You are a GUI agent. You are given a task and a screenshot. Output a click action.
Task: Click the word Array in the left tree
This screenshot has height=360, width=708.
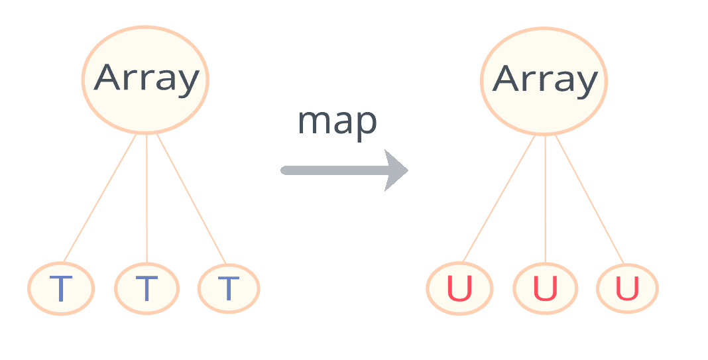pos(146,78)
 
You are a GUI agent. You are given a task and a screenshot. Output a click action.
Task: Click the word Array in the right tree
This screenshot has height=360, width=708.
pos(544,80)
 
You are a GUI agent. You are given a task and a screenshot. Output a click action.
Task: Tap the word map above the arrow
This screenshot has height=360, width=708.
pos(337,123)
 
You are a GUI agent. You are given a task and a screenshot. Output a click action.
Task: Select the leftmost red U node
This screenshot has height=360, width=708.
pos(459,289)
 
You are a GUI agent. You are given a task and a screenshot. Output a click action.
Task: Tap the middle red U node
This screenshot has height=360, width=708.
pos(545,289)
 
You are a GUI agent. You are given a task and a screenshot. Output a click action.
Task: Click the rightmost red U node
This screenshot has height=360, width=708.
pos(627,289)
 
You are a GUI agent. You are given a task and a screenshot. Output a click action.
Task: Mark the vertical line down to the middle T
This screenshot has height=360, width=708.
pos(147,199)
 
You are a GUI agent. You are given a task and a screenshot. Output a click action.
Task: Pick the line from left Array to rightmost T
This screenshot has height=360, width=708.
pos(191,199)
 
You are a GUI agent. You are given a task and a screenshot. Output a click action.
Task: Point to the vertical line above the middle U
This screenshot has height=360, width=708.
pos(545,199)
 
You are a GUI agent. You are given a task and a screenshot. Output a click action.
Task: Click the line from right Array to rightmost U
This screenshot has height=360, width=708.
pos(589,199)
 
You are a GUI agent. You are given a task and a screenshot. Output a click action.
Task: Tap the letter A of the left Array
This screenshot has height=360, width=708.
pos(108,78)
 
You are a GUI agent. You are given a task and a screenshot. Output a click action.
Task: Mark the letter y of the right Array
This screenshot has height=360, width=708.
pos(584,82)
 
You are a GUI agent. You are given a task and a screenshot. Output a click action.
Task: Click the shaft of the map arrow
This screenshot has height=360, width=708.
pos(331,170)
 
